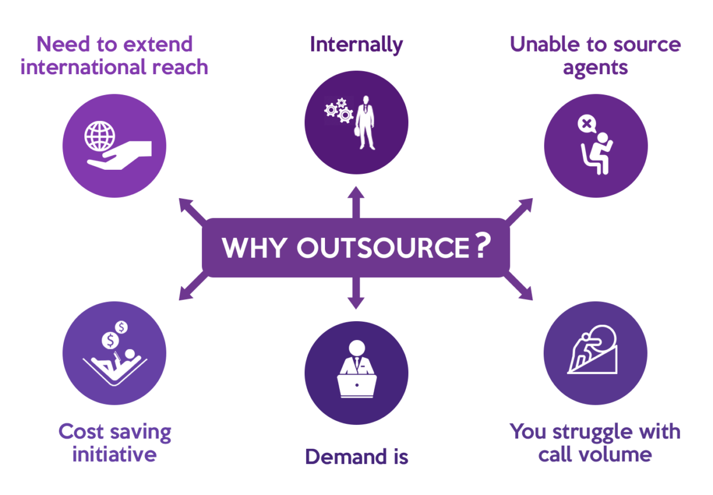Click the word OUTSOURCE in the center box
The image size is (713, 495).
click(383, 247)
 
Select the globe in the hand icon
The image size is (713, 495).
click(99, 137)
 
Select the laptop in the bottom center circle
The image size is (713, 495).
click(356, 384)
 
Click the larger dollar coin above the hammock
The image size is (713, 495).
click(109, 340)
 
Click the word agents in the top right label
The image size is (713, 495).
click(595, 67)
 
